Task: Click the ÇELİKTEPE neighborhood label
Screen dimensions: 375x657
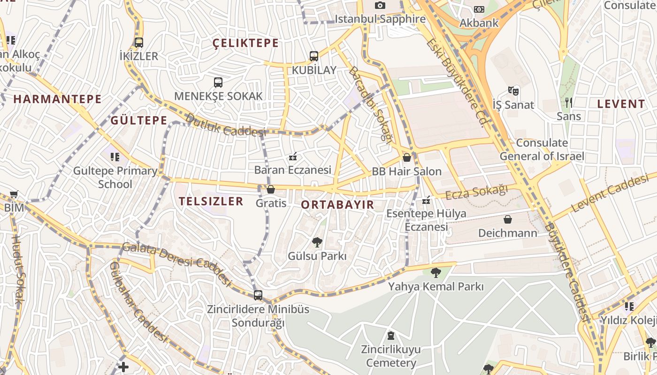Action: coord(245,43)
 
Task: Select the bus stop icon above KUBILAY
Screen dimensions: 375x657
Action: coord(314,56)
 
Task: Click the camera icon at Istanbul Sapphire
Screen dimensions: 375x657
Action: coord(380,6)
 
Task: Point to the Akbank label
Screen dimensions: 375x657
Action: coord(479,22)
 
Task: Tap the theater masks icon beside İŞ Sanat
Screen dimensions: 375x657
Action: coord(513,90)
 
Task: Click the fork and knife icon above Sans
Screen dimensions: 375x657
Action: coord(569,103)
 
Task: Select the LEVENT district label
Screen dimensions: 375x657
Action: coord(621,104)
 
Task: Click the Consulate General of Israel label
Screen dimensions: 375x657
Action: coord(542,150)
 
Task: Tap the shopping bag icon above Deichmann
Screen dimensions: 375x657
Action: coord(507,219)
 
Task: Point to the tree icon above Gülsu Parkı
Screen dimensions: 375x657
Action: coord(317,242)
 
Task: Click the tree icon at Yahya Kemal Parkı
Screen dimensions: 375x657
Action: coord(436,272)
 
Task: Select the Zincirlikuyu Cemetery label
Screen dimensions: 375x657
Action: coord(391,356)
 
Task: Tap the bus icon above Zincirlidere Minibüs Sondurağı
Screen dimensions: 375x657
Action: coord(258,295)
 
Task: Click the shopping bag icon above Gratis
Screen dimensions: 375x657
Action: coord(271,189)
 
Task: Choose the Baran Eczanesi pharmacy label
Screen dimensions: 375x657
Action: coord(293,170)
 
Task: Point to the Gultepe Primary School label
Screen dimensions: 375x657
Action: coord(115,177)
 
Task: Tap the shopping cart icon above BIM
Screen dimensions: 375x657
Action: coord(14,194)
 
